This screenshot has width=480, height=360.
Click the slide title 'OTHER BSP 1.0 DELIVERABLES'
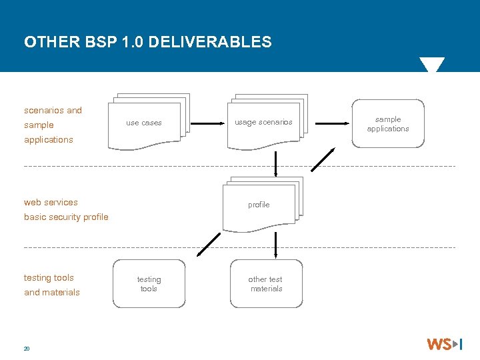point(148,42)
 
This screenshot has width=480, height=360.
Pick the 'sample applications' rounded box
point(388,123)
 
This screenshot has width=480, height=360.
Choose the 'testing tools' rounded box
point(149,284)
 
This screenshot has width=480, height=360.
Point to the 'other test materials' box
point(266,284)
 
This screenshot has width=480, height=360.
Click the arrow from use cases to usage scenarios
point(207,123)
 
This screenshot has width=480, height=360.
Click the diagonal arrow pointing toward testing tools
point(209,244)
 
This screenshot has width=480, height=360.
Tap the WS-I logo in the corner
point(444,344)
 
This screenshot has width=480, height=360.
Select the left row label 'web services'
point(51,202)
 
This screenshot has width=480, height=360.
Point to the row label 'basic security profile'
point(66,217)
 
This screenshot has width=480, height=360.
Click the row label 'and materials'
point(51,292)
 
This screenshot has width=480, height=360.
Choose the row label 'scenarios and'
point(53,110)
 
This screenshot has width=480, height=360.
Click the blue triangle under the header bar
point(431,65)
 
